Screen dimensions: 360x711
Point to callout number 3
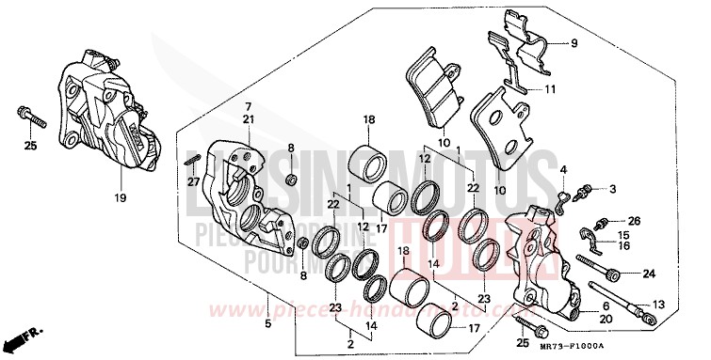click(612, 189)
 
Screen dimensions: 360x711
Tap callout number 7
click(249, 106)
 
